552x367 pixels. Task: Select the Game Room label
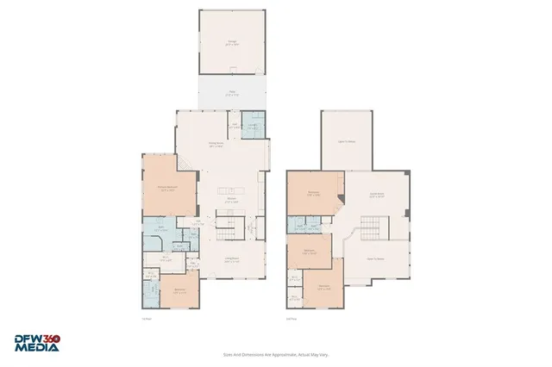pos(377,195)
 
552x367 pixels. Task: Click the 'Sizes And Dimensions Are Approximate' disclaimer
pos(275,353)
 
